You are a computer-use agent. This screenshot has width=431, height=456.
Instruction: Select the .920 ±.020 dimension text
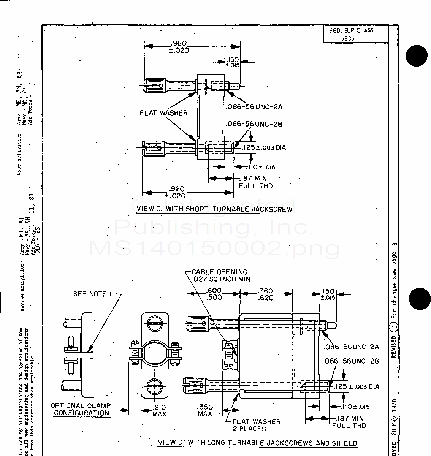pos(175,192)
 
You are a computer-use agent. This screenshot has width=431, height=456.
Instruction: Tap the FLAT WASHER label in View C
pos(163,113)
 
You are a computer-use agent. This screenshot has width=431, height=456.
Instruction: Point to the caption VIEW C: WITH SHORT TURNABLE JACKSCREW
pos(215,209)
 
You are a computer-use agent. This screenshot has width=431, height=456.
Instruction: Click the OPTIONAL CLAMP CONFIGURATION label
pos(81,410)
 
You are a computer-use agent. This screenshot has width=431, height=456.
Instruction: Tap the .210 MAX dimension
pos(159,411)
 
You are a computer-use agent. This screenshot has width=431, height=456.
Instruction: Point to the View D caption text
pos(257,443)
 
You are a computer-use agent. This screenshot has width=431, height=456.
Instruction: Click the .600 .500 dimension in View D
pos(214,294)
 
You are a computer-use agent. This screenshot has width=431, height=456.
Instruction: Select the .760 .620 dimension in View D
pos(265,294)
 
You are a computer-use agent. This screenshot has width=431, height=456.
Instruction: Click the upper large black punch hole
pos(417,56)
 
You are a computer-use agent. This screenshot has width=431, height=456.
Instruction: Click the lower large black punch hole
pos(419,299)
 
